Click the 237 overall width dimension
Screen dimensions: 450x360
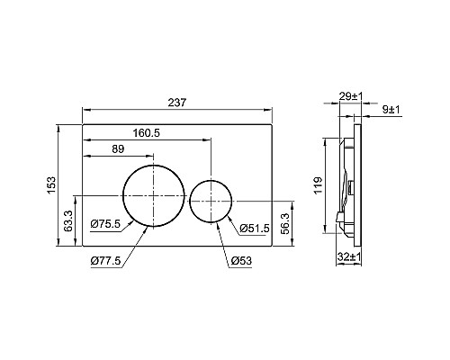pos(177,103)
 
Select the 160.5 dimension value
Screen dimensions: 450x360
pos(147,132)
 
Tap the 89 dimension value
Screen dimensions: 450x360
pos(118,148)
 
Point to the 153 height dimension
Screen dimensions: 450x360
pos(51,185)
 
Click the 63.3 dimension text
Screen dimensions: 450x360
pos(68,220)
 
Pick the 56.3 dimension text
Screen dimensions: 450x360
pos(284,223)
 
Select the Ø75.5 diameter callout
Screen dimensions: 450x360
pos(105,224)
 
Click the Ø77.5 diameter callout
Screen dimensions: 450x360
pos(105,261)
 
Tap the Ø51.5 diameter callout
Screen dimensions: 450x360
pos(255,229)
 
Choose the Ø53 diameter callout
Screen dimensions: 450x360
pos(241,261)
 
